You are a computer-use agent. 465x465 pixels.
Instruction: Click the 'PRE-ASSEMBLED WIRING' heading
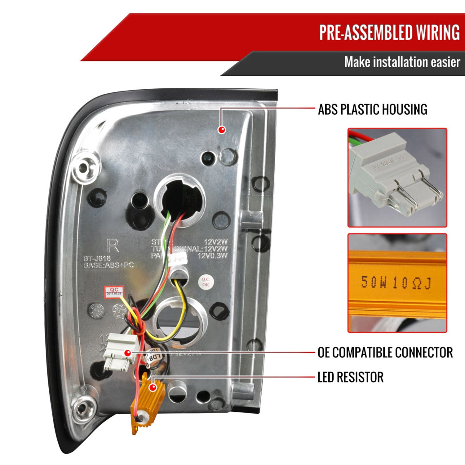tap(389, 32)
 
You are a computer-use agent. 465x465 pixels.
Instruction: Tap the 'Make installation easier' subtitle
tap(402, 62)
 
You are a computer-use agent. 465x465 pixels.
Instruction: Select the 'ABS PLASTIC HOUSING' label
tap(373, 110)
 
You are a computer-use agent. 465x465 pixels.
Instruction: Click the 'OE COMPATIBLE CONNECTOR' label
tap(385, 352)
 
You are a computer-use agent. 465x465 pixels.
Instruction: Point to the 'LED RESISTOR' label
tap(351, 377)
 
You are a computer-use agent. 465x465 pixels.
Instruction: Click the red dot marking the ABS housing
tap(221, 130)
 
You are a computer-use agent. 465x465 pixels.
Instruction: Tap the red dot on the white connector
tap(127, 352)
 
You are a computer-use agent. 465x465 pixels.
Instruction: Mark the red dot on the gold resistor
tap(153, 387)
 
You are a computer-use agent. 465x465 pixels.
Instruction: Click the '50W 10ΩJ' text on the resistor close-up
tap(396, 282)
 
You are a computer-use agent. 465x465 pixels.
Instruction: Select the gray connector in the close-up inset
tap(394, 177)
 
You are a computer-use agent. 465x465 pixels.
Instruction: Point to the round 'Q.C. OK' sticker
tap(206, 282)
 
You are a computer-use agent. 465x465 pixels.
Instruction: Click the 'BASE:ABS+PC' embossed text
tap(108, 265)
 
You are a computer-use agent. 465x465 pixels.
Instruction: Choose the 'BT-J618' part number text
tap(97, 258)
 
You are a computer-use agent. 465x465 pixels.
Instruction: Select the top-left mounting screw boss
tap(83, 168)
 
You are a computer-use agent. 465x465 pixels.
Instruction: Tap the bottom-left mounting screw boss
tap(81, 408)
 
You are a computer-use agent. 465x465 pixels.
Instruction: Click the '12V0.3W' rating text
tap(212, 256)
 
